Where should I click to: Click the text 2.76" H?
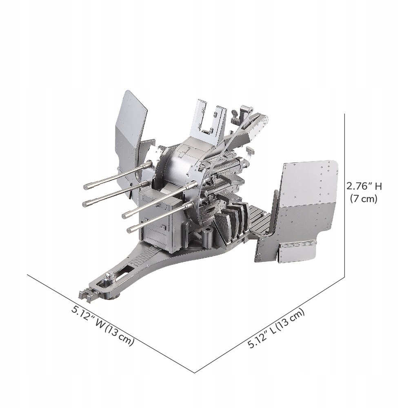coord(364,186)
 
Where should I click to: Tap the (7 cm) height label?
coord(364,199)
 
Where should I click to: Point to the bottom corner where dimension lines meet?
coord(195,372)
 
